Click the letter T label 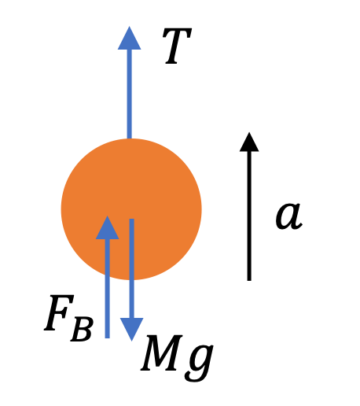pyautogui.click(x=178, y=46)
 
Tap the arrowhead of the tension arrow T pyautogui.click(x=129, y=38)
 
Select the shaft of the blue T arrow pyautogui.click(x=129, y=94)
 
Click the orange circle pyautogui.click(x=131, y=209)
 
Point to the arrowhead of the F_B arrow pyautogui.click(x=107, y=227)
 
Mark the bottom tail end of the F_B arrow pyautogui.click(x=107, y=338)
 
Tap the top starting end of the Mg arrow pyautogui.click(x=132, y=219)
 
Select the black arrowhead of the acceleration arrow pyautogui.click(x=249, y=142)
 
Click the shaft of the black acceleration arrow pyautogui.click(x=249, y=216)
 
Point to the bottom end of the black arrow pyautogui.click(x=249, y=281)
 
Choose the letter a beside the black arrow pyautogui.click(x=289, y=216)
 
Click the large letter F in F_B pyautogui.click(x=59, y=313)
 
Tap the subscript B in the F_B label pyautogui.click(x=82, y=329)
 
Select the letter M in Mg pyautogui.click(x=161, y=352)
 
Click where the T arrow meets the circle pyautogui.click(x=129, y=138)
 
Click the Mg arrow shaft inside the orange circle pyautogui.click(x=132, y=249)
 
